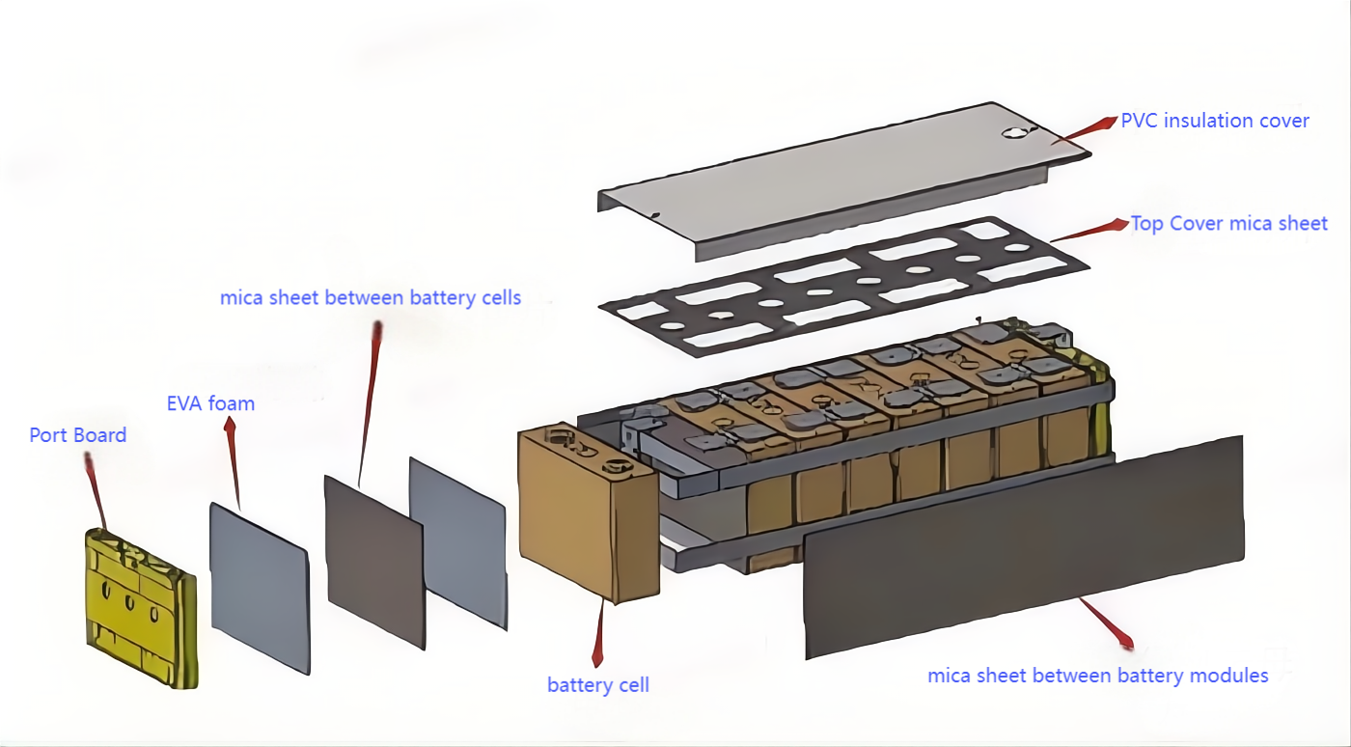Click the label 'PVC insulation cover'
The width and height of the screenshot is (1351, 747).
[x=1215, y=121]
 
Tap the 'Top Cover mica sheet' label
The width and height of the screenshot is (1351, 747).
[x=1229, y=223]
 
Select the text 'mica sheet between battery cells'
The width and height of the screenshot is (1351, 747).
[x=371, y=297]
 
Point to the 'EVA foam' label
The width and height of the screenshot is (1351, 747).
[x=210, y=403]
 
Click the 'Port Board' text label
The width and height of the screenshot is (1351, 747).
[x=78, y=435]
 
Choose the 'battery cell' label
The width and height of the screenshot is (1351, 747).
[x=597, y=685]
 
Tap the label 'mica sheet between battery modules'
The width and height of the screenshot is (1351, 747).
[x=1098, y=676]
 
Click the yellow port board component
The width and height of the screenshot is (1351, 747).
[x=142, y=608]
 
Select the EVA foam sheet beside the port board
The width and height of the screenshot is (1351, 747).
[x=260, y=589]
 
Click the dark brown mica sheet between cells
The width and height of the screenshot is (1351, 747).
[x=374, y=563]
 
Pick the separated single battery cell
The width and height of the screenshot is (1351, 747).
[x=588, y=512]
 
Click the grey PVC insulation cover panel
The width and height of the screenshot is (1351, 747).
[x=844, y=181]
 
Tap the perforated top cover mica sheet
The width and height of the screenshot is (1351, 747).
[x=844, y=287]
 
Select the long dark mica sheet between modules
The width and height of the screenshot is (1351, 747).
[x=1024, y=547]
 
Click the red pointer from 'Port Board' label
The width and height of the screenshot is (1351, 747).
[x=96, y=490]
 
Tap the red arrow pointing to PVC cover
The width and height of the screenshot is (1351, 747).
[x=1085, y=130]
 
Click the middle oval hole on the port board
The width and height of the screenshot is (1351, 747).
[x=129, y=603]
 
